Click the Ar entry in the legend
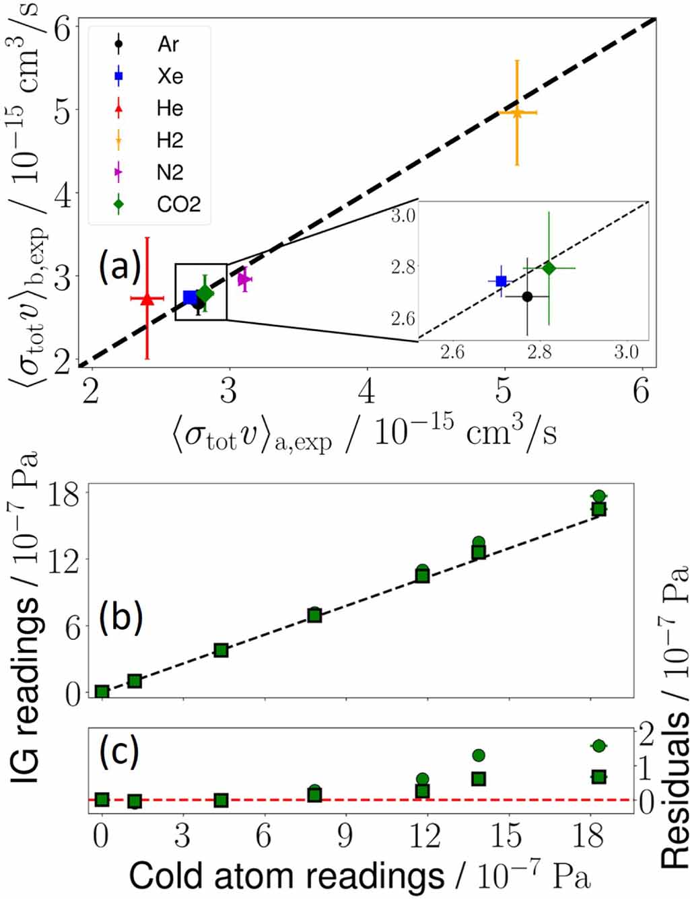click(168, 44)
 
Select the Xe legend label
click(170, 76)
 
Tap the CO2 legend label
click(178, 204)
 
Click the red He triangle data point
click(147, 299)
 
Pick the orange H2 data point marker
click(517, 113)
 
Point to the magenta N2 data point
click(244, 279)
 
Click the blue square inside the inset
click(501, 281)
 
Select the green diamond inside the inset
click(549, 268)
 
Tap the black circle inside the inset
click(527, 297)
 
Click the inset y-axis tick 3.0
click(403, 217)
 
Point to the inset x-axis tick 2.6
click(452, 353)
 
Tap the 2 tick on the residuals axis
click(647, 733)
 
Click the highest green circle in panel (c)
click(598, 746)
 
